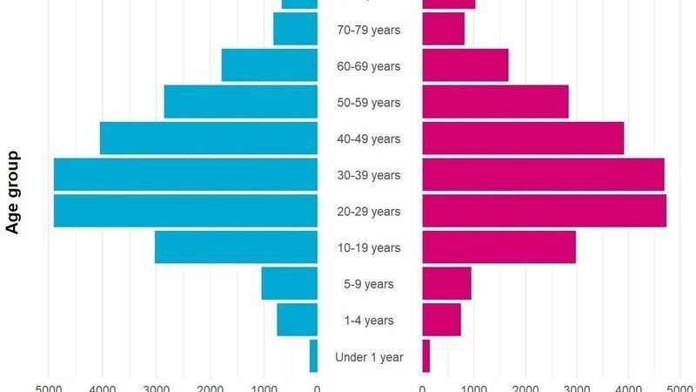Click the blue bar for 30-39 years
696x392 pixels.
click(x=185, y=174)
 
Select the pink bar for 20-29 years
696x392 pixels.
click(x=544, y=211)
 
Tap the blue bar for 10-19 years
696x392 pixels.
click(x=236, y=247)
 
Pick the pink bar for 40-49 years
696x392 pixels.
click(x=523, y=139)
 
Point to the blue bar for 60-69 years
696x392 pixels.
click(x=270, y=65)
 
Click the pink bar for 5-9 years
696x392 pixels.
click(x=446, y=284)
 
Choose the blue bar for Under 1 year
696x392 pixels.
click(x=313, y=356)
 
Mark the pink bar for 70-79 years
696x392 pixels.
click(x=443, y=30)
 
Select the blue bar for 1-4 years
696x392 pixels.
click(x=297, y=320)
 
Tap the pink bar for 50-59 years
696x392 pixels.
click(x=495, y=102)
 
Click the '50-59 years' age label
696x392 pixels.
click(x=369, y=103)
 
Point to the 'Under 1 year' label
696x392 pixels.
click(x=369, y=357)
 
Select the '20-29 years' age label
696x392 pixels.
click(x=369, y=212)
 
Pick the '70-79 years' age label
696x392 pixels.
click(x=369, y=30)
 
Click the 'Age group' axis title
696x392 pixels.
click(x=13, y=193)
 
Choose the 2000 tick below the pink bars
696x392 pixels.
click(x=525, y=387)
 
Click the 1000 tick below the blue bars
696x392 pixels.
click(x=264, y=387)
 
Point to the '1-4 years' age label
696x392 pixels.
click(x=369, y=321)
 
